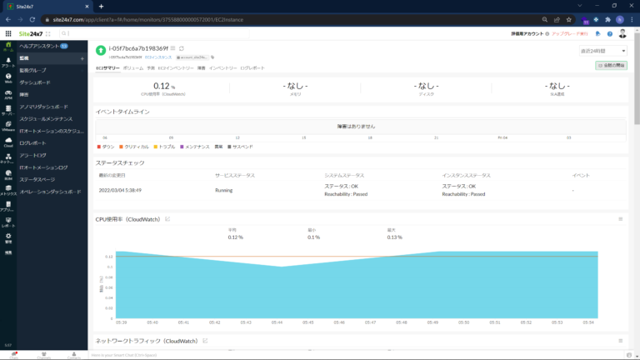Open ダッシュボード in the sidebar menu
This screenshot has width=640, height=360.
tap(35, 82)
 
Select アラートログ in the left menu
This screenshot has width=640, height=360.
tap(33, 155)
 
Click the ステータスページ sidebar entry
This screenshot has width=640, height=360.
tap(37, 179)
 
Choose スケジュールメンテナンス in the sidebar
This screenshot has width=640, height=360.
tap(46, 118)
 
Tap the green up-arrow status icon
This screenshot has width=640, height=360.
tap(101, 50)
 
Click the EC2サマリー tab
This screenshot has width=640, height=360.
tap(107, 67)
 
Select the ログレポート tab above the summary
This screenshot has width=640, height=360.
tap(252, 67)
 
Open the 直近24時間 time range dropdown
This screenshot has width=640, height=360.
tap(603, 51)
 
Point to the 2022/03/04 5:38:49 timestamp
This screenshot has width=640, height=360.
tap(120, 190)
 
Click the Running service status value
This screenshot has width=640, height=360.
tap(224, 190)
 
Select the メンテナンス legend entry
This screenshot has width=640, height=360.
tap(196, 146)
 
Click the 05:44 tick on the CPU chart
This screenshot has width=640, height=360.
tap(277, 322)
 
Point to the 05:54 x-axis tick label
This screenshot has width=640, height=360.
tap(588, 322)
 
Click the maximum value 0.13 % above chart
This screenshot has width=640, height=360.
tap(394, 237)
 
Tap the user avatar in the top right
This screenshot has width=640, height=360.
tap(622, 33)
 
